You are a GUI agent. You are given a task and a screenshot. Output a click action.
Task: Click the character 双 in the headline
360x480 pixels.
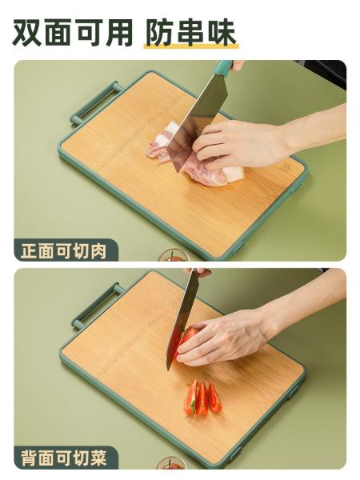point(27,33)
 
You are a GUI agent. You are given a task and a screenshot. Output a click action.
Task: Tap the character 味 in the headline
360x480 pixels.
point(222,33)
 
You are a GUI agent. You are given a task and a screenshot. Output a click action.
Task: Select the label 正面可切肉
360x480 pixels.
point(64,252)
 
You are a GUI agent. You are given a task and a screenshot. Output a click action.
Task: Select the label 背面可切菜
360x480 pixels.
point(64,458)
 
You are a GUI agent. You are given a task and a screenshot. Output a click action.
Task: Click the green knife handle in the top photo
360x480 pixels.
point(223,66)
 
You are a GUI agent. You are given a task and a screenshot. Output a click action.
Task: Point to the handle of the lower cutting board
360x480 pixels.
point(98,306)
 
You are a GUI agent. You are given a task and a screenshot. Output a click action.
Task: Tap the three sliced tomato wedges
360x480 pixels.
point(202,398)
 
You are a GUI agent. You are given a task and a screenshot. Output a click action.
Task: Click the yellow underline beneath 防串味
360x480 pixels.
point(191,46)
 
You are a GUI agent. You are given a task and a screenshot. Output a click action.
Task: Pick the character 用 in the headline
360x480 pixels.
point(118,33)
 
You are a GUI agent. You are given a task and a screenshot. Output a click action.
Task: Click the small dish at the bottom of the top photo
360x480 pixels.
point(174,255)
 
